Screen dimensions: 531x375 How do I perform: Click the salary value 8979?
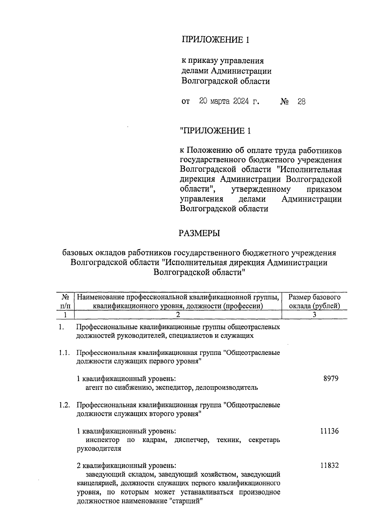click(x=331, y=379)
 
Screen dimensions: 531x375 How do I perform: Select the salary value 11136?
click(x=329, y=431)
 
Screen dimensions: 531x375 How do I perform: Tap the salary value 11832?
click(x=329, y=465)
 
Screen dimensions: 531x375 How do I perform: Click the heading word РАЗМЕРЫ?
click(x=199, y=233)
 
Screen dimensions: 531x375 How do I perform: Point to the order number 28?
click(x=301, y=102)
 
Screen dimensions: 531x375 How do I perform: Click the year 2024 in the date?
click(x=241, y=101)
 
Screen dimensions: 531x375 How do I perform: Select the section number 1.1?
click(x=64, y=353)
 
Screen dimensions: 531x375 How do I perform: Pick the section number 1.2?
click(x=64, y=405)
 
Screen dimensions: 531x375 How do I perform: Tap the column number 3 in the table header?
click(x=314, y=315)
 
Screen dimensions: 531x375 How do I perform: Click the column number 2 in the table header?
click(x=178, y=315)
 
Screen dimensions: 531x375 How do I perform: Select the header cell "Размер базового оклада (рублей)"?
click(x=314, y=301)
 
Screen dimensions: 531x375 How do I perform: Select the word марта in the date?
click(x=220, y=101)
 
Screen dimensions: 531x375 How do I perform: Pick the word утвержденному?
click(x=261, y=189)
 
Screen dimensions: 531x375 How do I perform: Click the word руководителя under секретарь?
click(x=99, y=449)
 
